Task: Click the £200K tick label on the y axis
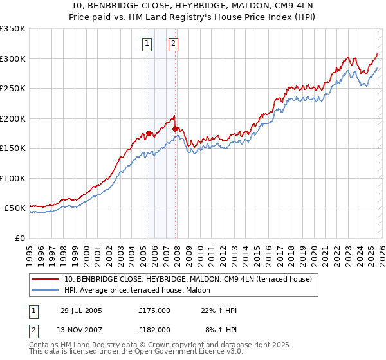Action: (13, 118)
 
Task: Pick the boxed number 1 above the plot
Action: (148, 44)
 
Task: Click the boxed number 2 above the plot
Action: (174, 44)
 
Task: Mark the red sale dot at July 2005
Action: (149, 134)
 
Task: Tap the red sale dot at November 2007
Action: (175, 129)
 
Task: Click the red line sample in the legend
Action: (46, 279)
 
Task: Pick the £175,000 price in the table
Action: (154, 310)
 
